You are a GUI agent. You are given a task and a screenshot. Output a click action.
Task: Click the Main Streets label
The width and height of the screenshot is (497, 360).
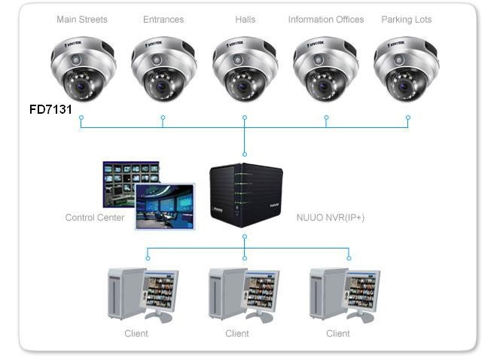(82, 20)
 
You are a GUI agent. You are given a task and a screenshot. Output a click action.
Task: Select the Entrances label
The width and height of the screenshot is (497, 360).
(163, 20)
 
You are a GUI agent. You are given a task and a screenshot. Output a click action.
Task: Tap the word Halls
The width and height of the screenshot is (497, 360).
(245, 20)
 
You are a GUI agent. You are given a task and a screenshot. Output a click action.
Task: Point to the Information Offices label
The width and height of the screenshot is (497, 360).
(326, 20)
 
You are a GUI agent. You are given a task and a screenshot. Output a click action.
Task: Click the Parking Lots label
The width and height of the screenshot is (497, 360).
(407, 20)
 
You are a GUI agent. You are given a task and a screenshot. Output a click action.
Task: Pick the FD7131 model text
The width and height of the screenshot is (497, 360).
(50, 109)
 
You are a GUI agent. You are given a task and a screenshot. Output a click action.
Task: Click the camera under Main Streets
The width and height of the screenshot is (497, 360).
(83, 69)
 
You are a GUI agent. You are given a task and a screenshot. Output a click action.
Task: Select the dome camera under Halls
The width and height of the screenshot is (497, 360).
(245, 69)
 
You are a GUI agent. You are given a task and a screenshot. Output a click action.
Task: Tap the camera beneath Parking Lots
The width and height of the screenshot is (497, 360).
(407, 69)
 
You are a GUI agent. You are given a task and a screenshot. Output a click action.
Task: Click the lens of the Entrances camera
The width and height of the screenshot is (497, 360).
(163, 86)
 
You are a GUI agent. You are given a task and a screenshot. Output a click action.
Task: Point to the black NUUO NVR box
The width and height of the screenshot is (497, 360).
(246, 195)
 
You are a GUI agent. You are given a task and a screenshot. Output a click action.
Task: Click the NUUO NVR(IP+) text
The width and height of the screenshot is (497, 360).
(331, 218)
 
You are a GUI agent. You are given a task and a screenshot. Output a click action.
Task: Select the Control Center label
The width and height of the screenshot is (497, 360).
(95, 218)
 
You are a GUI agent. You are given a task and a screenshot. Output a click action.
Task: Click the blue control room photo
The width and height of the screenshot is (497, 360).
(165, 206)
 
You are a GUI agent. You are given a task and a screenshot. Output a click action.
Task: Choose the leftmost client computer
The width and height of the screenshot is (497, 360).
(142, 294)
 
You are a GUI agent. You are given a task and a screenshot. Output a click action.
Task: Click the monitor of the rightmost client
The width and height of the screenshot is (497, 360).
(361, 291)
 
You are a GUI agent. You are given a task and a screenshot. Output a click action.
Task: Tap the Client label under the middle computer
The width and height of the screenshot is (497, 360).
(237, 334)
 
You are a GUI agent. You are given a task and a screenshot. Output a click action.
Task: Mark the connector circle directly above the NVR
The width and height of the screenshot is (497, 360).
(245, 154)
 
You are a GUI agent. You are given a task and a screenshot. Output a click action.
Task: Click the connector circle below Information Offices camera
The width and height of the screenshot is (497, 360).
(326, 117)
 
